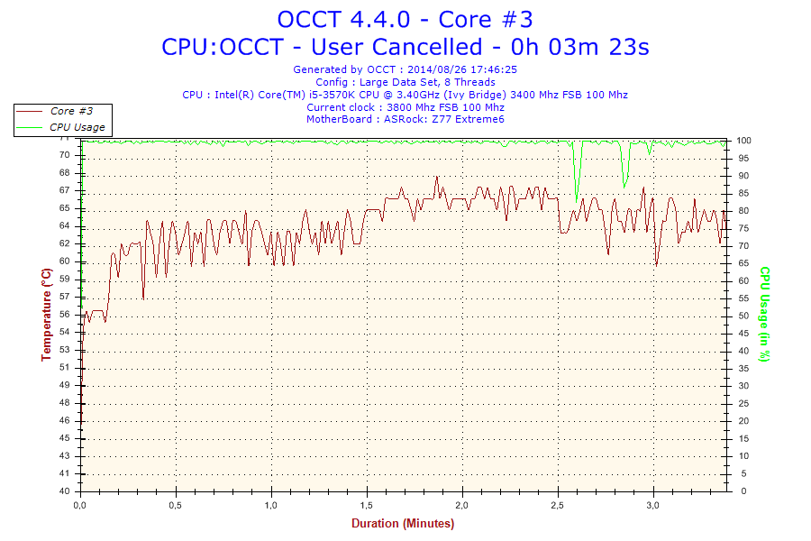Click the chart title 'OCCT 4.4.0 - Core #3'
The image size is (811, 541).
click(x=405, y=19)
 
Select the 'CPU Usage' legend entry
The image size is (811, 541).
click(x=77, y=127)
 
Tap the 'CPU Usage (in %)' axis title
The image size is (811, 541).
click(x=764, y=314)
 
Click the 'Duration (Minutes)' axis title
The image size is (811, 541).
click(x=403, y=523)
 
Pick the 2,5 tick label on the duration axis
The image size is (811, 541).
click(x=559, y=505)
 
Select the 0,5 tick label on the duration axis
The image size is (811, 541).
click(x=177, y=505)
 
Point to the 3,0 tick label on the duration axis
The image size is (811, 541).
click(x=654, y=505)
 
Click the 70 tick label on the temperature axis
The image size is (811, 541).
click(x=65, y=155)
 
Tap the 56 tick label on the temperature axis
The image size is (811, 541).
click(x=65, y=314)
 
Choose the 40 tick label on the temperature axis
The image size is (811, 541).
click(x=65, y=491)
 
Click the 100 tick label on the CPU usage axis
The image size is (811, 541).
click(x=745, y=141)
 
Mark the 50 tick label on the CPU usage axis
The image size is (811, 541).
click(x=743, y=316)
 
